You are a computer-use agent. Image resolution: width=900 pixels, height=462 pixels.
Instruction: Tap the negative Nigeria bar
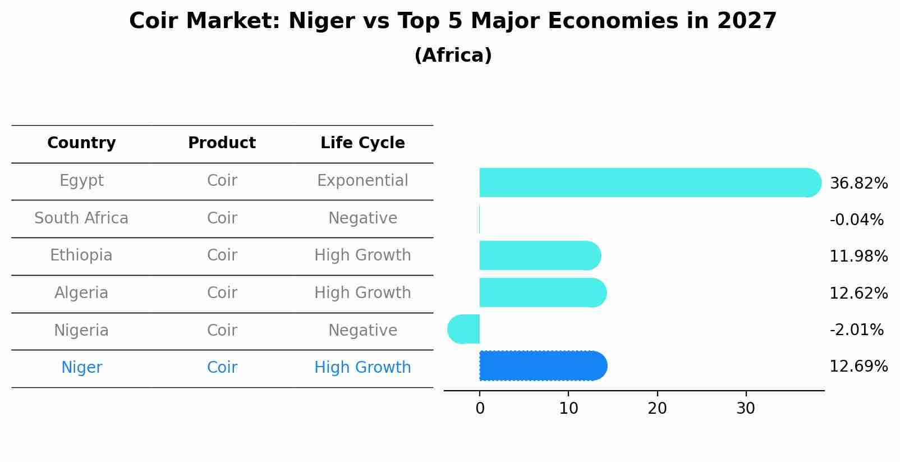pos(464,329)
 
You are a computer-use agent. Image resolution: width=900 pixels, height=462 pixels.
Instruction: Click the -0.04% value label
pos(856,219)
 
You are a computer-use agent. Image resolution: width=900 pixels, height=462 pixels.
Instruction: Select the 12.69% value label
pos(858,367)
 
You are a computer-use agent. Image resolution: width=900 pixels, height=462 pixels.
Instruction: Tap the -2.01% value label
pos(856,330)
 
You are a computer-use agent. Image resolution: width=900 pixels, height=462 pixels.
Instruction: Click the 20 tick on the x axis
pos(657,409)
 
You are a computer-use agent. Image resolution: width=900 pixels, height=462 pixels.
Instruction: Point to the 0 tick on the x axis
pos(480,409)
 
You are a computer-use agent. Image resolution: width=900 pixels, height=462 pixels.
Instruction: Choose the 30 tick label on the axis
pos(746,409)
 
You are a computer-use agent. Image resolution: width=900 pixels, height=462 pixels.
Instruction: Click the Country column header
pos(81,143)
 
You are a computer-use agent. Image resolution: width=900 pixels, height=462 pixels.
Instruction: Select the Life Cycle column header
pos(362,143)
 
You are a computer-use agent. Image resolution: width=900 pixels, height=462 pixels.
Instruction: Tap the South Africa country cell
pos(81,218)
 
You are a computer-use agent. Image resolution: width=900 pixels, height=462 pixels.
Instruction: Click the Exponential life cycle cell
pos(362,181)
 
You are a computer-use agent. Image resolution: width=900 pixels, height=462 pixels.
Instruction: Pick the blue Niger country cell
pos(81,368)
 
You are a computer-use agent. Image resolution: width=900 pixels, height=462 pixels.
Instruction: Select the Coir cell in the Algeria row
pos(222,293)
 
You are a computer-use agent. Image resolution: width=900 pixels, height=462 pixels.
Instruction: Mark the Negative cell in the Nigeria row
pos(362,330)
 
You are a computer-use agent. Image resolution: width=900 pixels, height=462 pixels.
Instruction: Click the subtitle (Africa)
pos(453,56)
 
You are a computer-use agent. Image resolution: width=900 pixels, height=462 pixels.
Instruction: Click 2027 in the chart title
pos(746,21)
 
